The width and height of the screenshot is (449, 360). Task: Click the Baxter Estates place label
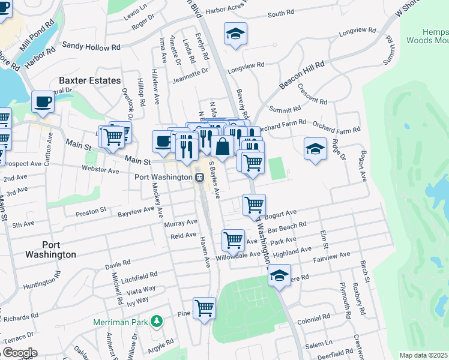(x=89, y=80)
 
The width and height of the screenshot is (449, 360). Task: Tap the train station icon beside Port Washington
(x=199, y=178)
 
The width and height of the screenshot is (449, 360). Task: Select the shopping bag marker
(x=222, y=146)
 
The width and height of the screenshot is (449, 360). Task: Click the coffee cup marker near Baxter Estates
(x=43, y=101)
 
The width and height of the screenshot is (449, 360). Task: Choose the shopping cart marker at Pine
(x=205, y=308)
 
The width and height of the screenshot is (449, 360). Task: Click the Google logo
(x=19, y=353)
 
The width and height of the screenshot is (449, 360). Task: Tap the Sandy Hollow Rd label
(x=92, y=46)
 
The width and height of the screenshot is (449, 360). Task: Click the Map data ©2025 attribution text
(x=423, y=355)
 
